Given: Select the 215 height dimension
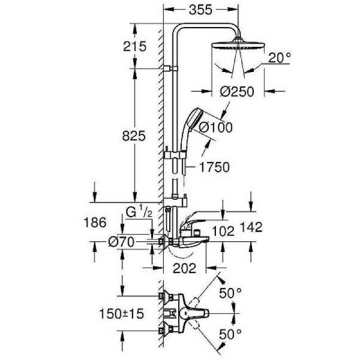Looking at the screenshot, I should [134, 46].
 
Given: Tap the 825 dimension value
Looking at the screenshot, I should [134, 136].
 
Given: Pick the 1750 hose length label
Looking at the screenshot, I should [212, 168].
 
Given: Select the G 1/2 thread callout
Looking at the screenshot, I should [139, 211].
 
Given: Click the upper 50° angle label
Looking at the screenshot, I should [231, 292].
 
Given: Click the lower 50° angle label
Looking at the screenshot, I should [231, 333].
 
